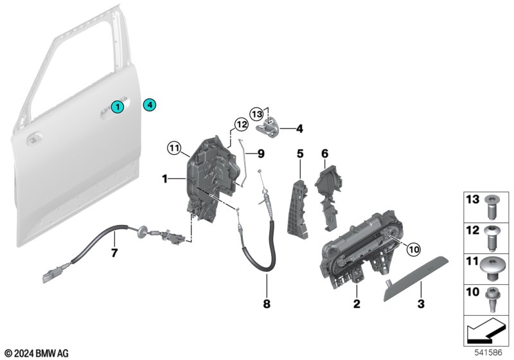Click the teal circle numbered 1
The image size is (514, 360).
tap(117, 106)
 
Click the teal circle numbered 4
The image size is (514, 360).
tap(150, 105)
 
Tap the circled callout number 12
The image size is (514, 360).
tap(242, 124)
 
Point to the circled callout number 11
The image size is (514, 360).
tap(174, 148)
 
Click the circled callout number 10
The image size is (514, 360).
tap(413, 250)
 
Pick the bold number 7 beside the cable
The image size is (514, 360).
tap(114, 253)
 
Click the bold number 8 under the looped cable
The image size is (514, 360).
tap(267, 303)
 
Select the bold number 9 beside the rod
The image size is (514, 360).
tap(261, 154)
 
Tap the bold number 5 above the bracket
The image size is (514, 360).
tap(300, 154)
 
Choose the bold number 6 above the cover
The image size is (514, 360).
tap(324, 154)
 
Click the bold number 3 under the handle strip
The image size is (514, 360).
tap(421, 303)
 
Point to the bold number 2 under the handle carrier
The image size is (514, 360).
tap(357, 303)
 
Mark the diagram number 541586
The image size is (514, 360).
tap(488, 352)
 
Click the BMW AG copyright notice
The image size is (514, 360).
tap(37, 354)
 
